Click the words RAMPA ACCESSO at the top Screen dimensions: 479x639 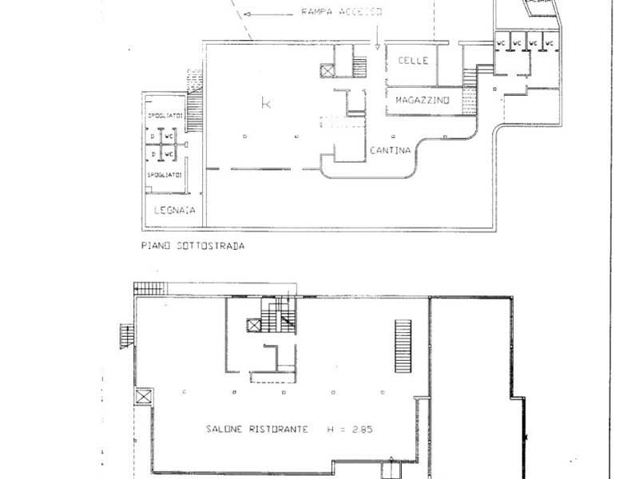[341, 12]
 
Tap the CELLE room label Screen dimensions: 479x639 [413, 61]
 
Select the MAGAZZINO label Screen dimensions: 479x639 [423, 100]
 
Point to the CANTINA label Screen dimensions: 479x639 [391, 150]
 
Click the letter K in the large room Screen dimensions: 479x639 [266, 102]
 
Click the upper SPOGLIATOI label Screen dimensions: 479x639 [165, 117]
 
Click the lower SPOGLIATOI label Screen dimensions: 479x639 [165, 173]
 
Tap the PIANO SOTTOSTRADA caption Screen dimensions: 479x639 [192, 246]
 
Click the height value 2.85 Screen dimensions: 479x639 [359, 429]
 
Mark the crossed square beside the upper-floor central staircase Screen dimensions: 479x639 [254, 325]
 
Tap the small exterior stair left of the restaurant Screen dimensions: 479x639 [125, 335]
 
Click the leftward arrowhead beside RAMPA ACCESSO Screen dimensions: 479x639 [251, 14]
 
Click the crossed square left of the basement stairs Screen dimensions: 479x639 [327, 69]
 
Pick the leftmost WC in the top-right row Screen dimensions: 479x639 [502, 42]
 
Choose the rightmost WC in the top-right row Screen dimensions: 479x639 [550, 42]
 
